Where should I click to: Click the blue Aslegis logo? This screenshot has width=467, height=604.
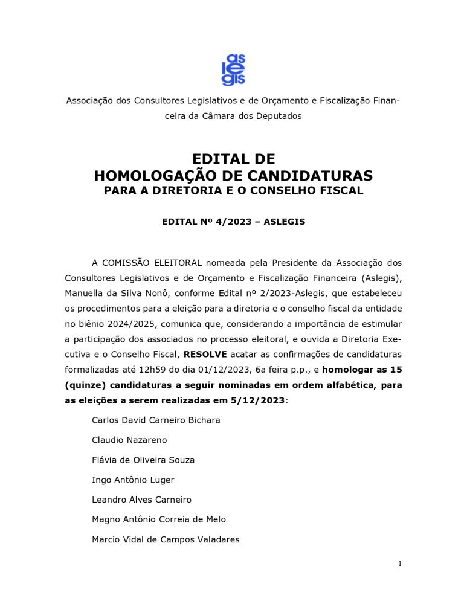(233, 69)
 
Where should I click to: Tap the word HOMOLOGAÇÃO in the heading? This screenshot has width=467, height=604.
(162, 176)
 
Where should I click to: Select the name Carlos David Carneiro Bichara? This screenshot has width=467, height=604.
(156, 420)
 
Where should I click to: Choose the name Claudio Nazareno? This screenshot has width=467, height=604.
(129, 440)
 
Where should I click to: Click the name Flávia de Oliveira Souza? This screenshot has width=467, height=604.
(143, 460)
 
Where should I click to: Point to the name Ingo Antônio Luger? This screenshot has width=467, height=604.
(133, 480)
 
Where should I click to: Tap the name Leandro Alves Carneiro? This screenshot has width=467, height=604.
(141, 500)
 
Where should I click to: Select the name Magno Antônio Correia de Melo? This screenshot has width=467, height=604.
(159, 519)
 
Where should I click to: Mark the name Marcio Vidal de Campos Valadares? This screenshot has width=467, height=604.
(166, 539)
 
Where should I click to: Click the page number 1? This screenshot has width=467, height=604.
(399, 564)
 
